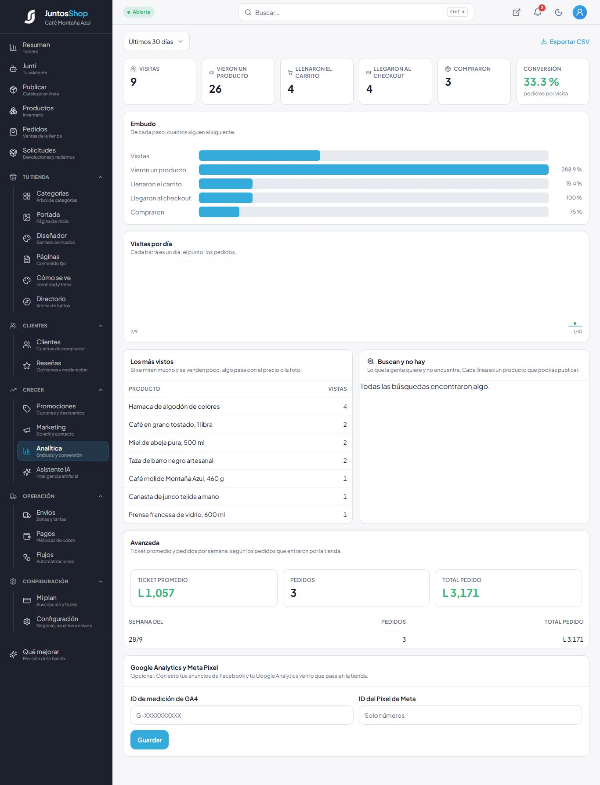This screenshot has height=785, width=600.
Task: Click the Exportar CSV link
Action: [565, 42]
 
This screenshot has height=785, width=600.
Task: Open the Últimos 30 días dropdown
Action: [156, 42]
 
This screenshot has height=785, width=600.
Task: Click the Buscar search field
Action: [356, 12]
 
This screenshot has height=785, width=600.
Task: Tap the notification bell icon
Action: [538, 12]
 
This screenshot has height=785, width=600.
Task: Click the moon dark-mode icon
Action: [559, 12]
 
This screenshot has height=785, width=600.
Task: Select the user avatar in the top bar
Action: [580, 12]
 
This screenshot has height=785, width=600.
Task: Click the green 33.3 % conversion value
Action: [541, 82]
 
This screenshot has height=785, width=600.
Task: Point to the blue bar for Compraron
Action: [219, 212]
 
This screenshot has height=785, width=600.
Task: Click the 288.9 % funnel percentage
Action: [571, 170]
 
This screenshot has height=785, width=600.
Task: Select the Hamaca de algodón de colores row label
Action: [174, 407]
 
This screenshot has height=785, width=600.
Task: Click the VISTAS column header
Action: [337, 389]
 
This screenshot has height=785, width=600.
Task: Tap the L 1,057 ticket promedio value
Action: [156, 593]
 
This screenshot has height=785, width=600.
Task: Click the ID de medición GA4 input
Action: [242, 715]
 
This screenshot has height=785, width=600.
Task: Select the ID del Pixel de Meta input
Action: [470, 715]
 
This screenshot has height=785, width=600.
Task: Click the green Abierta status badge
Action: [139, 12]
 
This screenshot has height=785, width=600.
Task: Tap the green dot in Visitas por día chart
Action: [575, 323]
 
